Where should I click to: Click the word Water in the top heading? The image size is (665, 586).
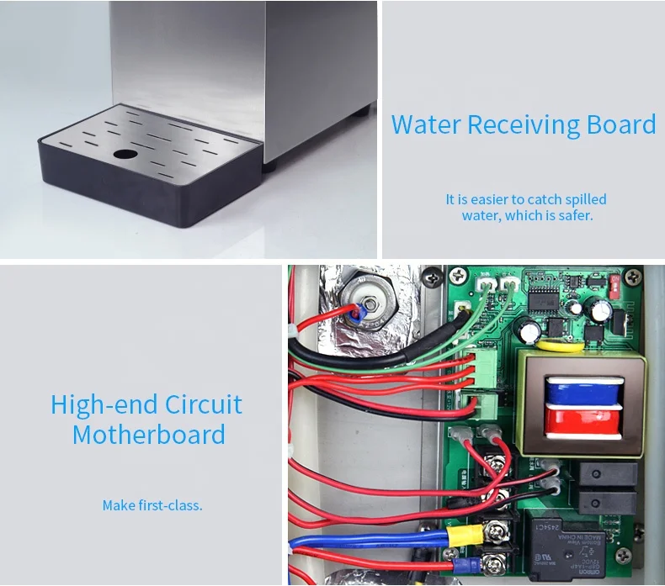pos(425,125)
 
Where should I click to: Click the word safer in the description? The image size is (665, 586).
pos(574,216)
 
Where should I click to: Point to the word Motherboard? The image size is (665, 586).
pos(148,435)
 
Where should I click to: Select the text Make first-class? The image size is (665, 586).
pos(152,505)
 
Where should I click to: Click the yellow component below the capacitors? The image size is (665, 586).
pos(554,343)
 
